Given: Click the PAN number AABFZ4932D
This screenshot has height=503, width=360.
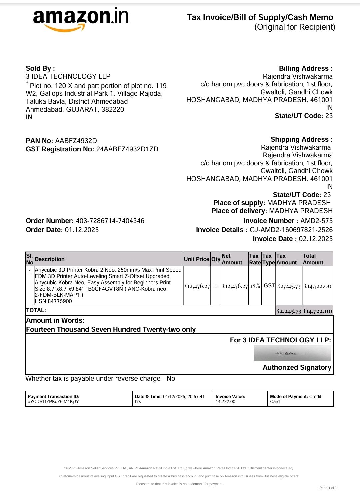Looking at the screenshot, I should point(76,141).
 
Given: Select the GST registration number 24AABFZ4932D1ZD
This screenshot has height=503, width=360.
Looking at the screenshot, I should point(127,149).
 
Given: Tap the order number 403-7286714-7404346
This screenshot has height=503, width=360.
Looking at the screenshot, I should point(110,221).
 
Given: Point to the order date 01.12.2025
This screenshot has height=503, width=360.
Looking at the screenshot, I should point(82,230).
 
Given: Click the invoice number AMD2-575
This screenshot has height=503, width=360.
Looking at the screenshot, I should point(316,221).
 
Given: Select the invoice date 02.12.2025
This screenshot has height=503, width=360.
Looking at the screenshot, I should point(316,239).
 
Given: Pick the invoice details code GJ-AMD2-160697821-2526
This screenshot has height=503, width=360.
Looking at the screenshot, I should point(291,230).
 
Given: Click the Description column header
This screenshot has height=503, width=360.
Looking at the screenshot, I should point(50,259).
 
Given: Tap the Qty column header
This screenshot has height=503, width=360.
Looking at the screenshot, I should point(216,259).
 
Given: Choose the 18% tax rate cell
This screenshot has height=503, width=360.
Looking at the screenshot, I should point(255,286).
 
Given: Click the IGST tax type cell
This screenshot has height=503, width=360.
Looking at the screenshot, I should point(268,286).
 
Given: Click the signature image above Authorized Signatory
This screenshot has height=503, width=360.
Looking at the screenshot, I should point(293,353).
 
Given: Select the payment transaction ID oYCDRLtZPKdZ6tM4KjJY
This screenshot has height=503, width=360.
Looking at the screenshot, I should point(53,402).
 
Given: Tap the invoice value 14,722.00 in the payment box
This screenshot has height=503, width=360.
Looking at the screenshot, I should point(225,402).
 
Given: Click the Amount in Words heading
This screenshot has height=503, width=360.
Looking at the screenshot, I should point(55,320).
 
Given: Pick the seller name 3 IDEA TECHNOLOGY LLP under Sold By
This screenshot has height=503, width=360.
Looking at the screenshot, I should point(68,76).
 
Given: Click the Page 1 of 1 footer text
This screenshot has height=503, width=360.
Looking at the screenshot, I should point(328,488).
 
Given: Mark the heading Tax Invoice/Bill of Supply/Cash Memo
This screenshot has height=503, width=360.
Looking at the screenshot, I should point(260,17).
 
